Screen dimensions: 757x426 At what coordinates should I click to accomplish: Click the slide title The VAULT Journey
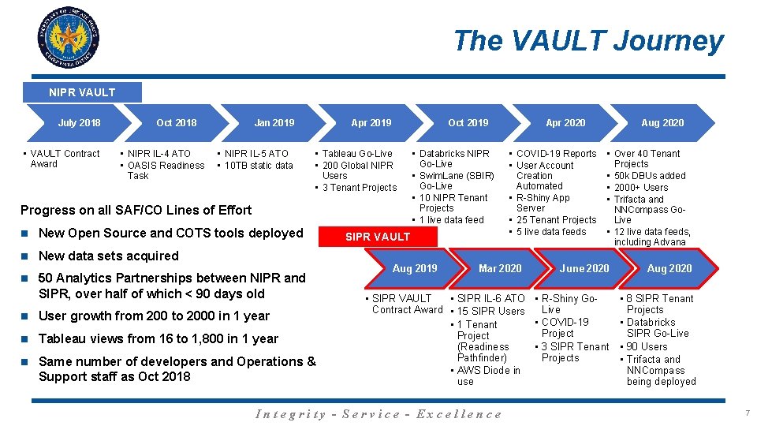pos(587,40)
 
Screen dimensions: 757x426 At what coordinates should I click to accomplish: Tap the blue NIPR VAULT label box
pos(82,92)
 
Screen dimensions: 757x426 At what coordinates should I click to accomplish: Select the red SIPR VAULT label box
pos(378,236)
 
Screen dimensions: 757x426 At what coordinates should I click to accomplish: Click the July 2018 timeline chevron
pos(79,122)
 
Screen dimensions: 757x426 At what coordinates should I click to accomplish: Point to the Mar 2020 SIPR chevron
pos(499,268)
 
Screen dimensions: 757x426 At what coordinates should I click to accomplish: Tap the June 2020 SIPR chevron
pos(584,268)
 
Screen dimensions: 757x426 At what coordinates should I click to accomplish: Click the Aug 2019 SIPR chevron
pos(415,268)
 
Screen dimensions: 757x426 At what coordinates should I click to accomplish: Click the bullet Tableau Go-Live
pos(358,153)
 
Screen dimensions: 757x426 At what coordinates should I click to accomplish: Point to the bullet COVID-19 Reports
pos(556,153)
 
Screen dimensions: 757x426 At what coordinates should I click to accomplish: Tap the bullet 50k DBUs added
pos(650,175)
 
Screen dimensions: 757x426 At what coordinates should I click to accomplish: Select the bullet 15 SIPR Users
pos(490,311)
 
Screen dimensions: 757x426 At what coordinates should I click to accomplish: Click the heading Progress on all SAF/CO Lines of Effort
pos(136,210)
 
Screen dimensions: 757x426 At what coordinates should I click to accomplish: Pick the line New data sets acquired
pos(109,256)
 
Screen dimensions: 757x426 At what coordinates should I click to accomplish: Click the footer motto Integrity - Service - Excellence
pos(378,413)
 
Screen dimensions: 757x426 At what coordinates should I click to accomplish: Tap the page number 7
pos(747,413)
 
